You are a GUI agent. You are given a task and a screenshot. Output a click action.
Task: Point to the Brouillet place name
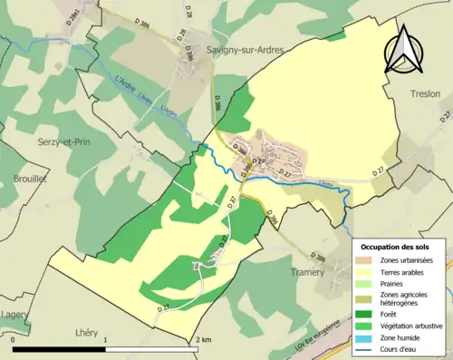(30, 180)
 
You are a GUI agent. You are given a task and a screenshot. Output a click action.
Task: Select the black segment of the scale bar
(60, 349)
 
